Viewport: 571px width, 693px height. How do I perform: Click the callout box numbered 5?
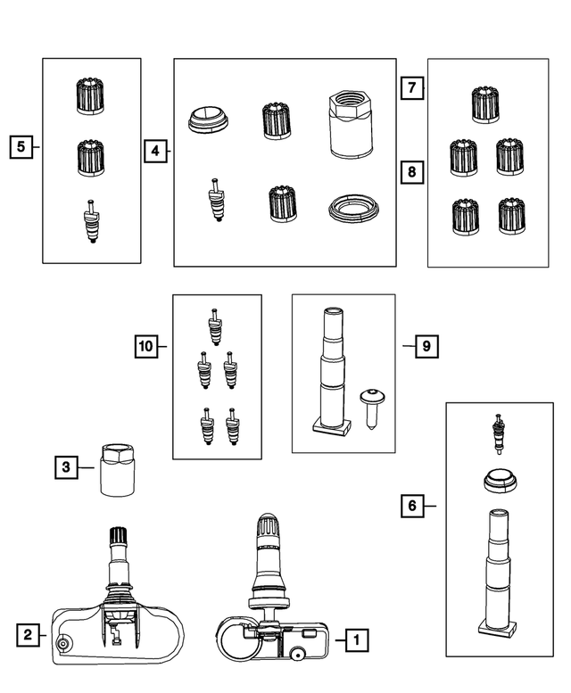(x=21, y=147)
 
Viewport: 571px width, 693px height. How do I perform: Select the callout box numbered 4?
(x=155, y=151)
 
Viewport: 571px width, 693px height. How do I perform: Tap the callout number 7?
(x=412, y=88)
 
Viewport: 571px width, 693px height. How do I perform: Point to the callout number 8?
(x=412, y=171)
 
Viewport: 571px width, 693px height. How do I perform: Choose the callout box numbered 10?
(x=146, y=346)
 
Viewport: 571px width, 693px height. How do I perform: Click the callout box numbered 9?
(x=426, y=346)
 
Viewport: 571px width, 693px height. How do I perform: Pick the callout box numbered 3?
(x=66, y=467)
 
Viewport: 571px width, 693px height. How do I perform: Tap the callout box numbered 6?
(x=412, y=506)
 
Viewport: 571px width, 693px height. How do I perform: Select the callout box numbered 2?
(x=28, y=636)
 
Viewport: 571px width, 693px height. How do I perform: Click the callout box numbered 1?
(x=357, y=640)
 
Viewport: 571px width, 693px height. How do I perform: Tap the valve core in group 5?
(x=92, y=221)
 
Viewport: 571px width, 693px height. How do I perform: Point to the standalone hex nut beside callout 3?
(x=117, y=470)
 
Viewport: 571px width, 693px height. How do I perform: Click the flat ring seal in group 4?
(x=354, y=208)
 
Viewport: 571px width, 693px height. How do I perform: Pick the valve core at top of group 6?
(x=500, y=434)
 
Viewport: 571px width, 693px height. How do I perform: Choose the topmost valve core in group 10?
(x=215, y=327)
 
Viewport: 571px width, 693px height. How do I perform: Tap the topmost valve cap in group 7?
(x=485, y=104)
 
